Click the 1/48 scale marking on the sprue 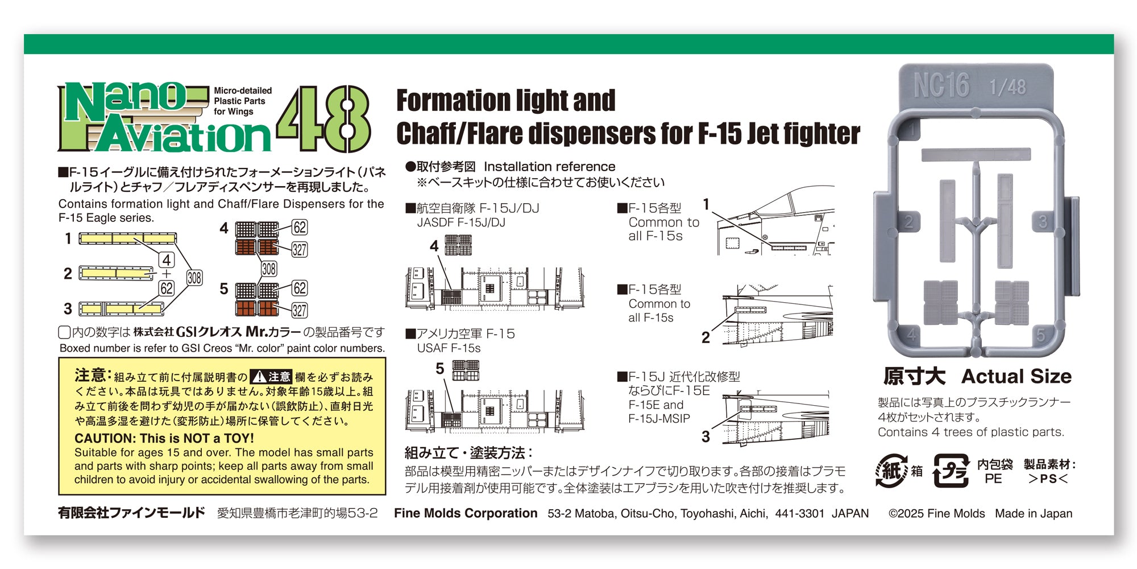coord(1007,87)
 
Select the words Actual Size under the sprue coord(1016,376)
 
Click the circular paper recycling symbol coord(891,471)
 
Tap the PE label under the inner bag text coord(993,479)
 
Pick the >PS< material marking coord(1048,479)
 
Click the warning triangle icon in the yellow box coord(259,376)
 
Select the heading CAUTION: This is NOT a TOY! coord(164,438)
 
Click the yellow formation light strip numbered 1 coord(127,238)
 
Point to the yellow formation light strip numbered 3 coord(121,309)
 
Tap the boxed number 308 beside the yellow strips coord(194,278)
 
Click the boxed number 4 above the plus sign coord(167,260)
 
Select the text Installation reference coord(549,167)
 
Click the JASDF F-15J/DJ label coord(461,222)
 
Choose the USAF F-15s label coord(449,348)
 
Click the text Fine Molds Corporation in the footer coord(466,513)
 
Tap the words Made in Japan coord(1034,513)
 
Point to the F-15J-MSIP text coord(659,419)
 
